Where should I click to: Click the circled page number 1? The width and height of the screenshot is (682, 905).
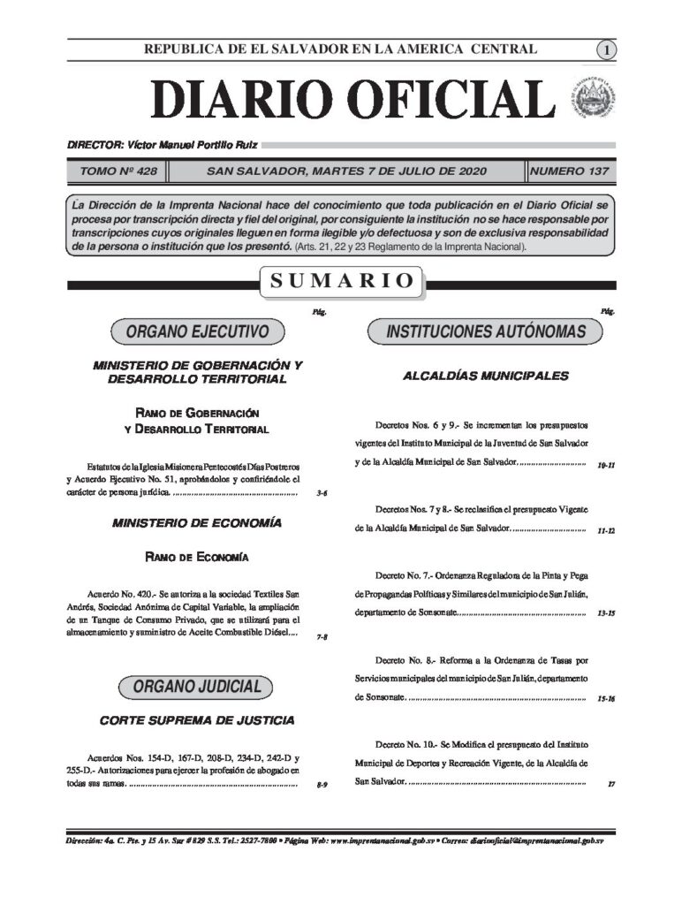point(607,50)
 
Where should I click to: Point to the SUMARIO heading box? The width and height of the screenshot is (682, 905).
point(341,282)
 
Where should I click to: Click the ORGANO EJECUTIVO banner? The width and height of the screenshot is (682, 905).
point(197,332)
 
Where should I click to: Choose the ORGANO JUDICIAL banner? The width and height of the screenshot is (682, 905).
point(197,687)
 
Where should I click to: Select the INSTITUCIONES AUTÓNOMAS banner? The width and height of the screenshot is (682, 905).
point(485,332)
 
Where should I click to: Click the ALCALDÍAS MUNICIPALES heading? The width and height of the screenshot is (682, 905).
point(485,376)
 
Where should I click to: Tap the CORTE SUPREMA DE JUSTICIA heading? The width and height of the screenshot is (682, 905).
point(197,721)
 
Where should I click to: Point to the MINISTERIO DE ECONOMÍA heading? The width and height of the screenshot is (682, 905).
point(197,523)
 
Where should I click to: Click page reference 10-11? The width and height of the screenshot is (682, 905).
point(605,464)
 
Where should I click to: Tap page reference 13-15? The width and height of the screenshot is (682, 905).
point(605,612)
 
